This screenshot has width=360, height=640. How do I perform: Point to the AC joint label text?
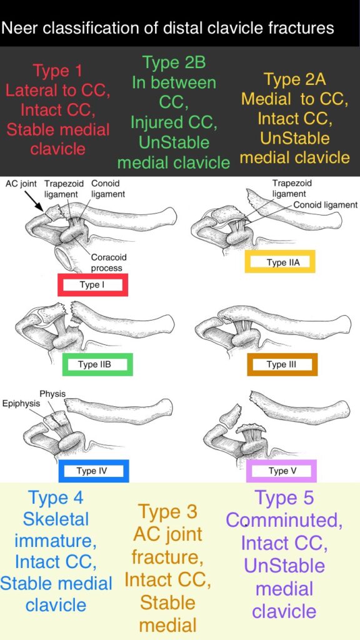(21, 184)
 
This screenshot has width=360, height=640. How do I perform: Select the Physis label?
(52, 394)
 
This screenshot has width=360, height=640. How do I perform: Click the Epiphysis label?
(21, 404)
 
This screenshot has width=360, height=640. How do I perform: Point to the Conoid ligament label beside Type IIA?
(325, 205)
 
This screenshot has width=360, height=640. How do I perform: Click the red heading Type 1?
(58, 71)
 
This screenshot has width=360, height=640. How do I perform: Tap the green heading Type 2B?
(174, 62)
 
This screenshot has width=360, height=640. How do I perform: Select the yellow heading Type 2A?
(295, 79)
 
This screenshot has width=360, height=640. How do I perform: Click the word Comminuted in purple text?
(284, 520)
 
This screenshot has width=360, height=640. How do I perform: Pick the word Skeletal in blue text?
(56, 519)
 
